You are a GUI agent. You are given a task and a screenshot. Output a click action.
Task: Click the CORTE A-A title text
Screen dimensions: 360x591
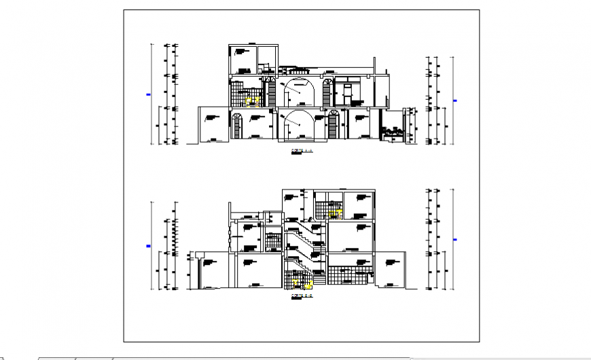302,151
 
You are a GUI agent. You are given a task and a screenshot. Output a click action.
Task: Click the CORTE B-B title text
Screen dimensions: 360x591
302,296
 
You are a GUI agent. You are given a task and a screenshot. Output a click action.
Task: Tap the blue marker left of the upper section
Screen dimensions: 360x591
148,95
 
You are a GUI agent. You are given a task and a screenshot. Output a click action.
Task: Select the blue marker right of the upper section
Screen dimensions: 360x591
455,101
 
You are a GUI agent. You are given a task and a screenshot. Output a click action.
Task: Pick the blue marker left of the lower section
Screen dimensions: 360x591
148,246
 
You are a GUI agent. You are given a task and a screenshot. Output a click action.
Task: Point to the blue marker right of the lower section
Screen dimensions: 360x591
455,238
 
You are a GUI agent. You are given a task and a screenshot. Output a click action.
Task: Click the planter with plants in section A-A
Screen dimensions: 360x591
393,130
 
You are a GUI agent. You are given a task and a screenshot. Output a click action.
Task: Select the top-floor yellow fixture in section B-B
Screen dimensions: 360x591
334,213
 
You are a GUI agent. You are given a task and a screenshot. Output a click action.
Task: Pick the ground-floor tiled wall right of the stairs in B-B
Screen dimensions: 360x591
350,275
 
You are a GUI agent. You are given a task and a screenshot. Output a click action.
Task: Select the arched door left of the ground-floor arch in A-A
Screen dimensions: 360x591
236,127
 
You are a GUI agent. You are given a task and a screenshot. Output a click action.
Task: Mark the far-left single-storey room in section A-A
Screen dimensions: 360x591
213,126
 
